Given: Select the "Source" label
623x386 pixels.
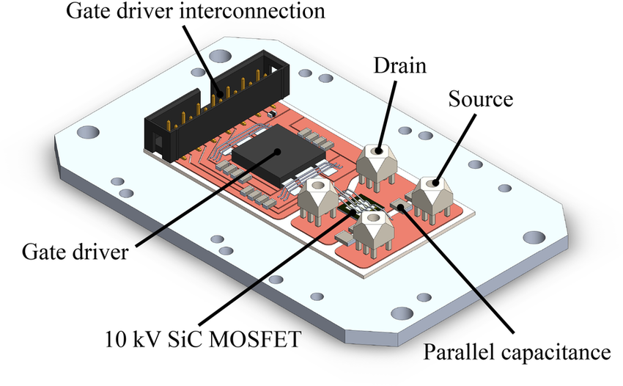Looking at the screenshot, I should (479, 98).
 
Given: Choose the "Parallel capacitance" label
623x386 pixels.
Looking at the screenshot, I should (517, 352).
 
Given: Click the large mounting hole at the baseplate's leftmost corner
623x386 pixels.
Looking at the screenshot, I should (87, 134).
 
